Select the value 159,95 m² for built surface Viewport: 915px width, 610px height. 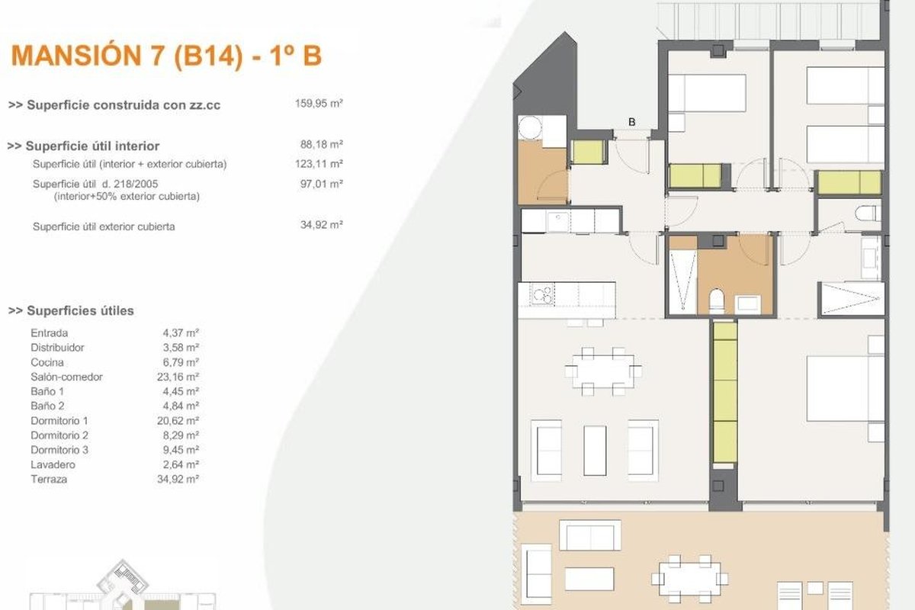click(x=319, y=104)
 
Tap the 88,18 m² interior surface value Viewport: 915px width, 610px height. click(x=321, y=144)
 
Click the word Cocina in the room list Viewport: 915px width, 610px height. click(x=47, y=362)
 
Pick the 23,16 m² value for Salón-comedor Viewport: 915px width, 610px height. click(x=178, y=377)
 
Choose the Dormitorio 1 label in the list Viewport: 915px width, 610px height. click(x=59, y=421)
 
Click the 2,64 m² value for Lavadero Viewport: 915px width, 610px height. click(x=181, y=464)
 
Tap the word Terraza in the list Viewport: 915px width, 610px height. click(x=49, y=480)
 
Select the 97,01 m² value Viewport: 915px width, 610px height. click(x=321, y=184)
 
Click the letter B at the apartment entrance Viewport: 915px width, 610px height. click(x=632, y=122)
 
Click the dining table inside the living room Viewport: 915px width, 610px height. click(x=603, y=371)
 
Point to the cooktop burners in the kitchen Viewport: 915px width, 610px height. click(x=542, y=294)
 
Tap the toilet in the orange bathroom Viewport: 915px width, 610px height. click(x=717, y=300)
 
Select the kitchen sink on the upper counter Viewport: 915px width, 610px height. click(x=558, y=221)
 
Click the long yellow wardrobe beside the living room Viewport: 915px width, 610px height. click(x=725, y=393)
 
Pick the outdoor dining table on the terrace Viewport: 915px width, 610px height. click(x=689, y=579)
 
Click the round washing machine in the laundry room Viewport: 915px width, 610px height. click(x=530, y=127)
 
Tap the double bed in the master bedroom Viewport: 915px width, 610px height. click(x=846, y=389)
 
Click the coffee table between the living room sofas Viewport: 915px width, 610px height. click(x=595, y=450)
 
